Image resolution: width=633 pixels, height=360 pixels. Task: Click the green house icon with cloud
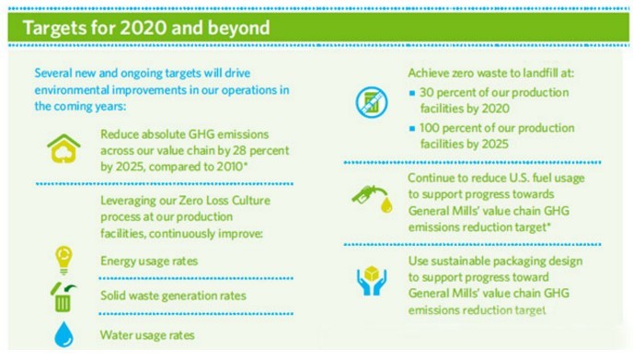[63, 148]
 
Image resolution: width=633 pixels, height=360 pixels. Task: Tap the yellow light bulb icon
[63, 260]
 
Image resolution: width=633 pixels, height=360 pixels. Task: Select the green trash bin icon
[63, 297]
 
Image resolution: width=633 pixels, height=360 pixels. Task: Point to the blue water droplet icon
[63, 334]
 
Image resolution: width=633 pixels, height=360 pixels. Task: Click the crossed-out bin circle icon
[372, 102]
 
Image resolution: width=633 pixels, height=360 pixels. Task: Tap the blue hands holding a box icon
[372, 281]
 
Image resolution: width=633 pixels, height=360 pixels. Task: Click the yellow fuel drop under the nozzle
[386, 204]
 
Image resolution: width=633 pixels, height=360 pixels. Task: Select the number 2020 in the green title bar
[144, 28]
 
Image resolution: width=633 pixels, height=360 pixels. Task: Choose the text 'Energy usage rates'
[149, 261]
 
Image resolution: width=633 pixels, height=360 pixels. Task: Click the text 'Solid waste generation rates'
[173, 296]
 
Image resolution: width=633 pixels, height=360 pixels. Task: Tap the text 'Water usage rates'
[147, 335]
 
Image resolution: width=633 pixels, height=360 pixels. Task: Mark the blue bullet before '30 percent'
[412, 93]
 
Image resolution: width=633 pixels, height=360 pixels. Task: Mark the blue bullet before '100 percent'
[412, 129]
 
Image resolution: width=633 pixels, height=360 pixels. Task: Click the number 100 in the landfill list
[430, 128]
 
